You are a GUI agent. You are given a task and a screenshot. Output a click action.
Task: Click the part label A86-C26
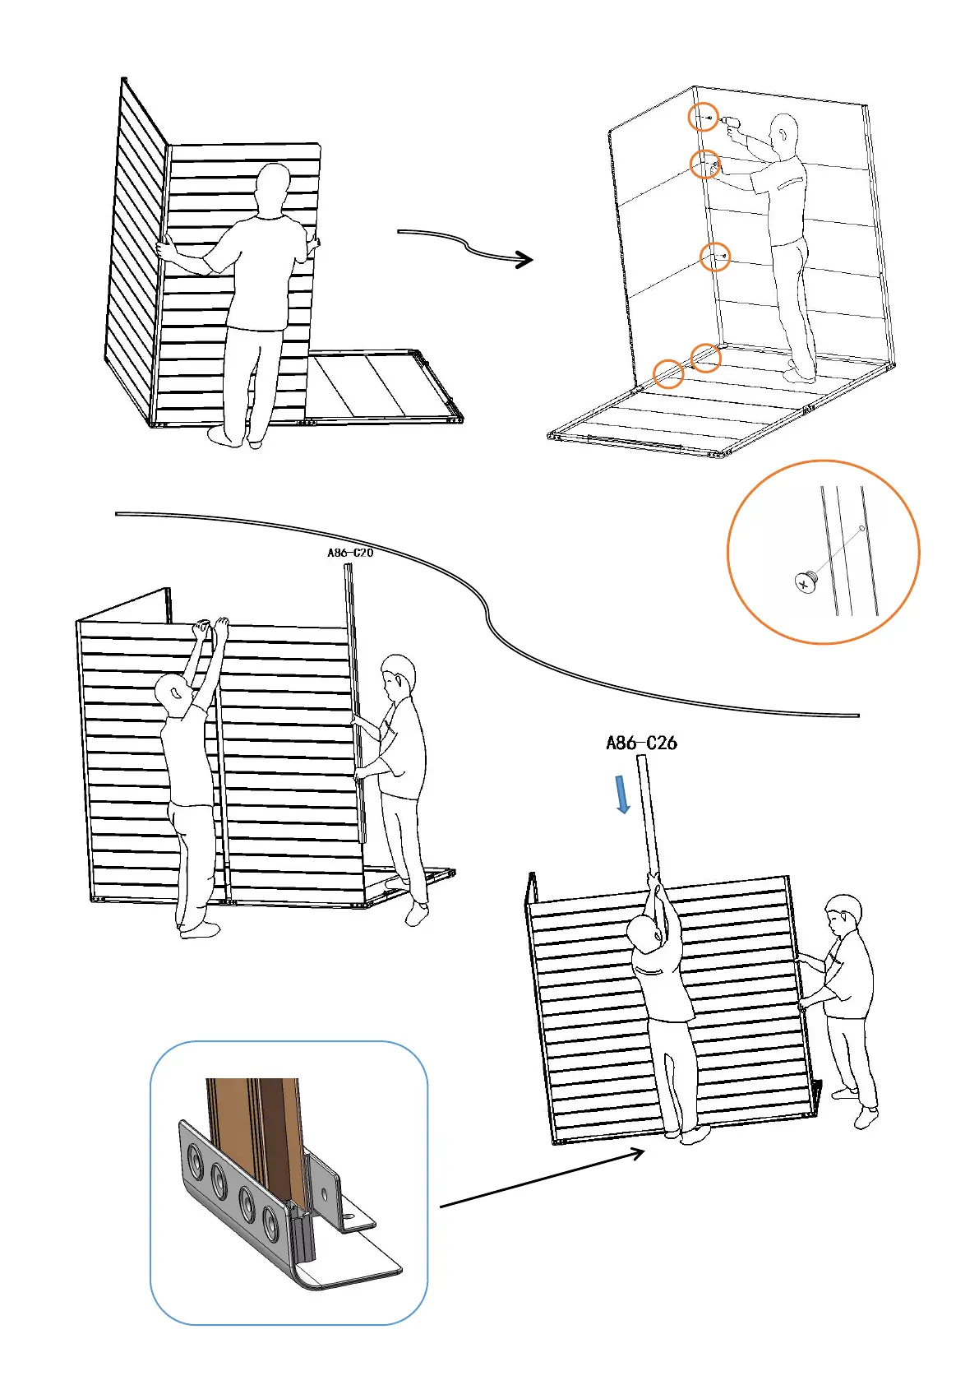(641, 743)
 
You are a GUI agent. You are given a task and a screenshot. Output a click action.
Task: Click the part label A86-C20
(350, 553)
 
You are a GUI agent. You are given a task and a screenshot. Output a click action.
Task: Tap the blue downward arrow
(623, 794)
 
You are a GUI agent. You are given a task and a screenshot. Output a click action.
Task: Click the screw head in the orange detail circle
(805, 582)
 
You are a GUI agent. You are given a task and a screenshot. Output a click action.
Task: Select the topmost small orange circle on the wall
(703, 118)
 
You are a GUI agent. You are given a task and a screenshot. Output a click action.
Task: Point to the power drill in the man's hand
(730, 124)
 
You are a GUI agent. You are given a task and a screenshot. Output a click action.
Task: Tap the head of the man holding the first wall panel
(271, 186)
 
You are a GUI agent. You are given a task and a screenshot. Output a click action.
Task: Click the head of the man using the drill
(784, 132)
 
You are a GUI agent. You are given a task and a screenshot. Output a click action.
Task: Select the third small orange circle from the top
(715, 257)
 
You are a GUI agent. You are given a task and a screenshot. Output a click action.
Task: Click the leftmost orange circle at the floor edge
(668, 373)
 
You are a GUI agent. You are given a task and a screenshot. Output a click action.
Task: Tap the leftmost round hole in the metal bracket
(196, 1161)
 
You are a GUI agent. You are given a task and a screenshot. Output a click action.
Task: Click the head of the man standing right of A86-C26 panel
(843, 914)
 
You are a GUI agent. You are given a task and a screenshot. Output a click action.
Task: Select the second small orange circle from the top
(704, 164)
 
